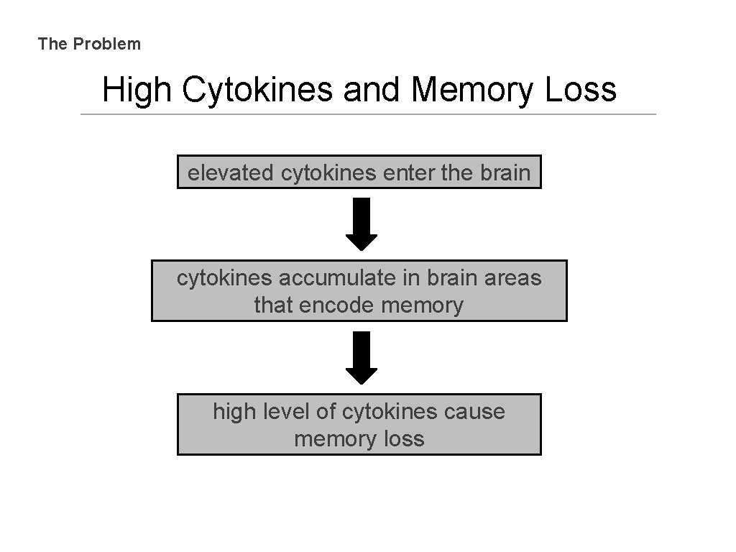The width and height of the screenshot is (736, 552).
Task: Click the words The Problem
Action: point(90,44)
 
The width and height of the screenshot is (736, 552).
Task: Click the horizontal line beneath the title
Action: point(368,114)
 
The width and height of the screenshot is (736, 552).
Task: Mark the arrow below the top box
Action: point(362,224)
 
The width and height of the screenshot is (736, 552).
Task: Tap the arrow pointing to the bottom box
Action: point(362,357)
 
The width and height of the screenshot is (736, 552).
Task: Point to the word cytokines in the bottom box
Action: point(389,412)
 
